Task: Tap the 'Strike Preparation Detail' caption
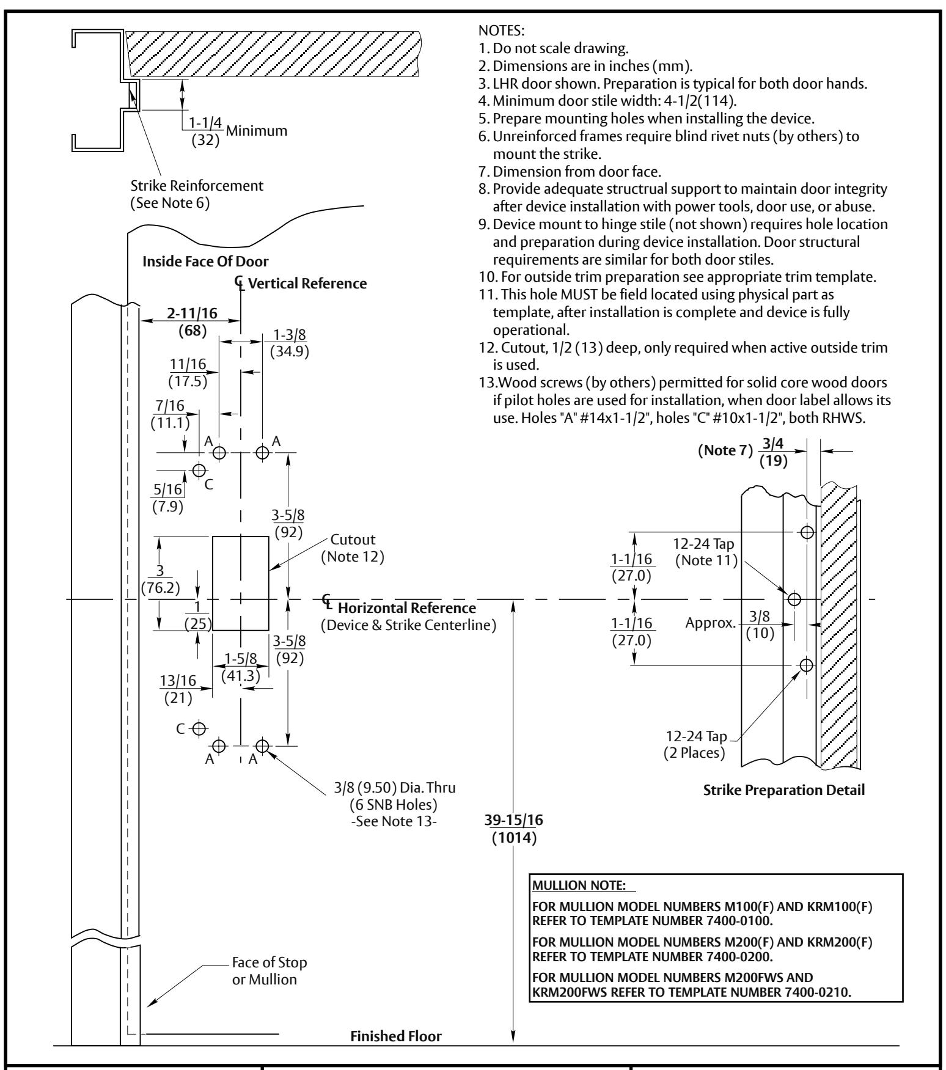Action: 785,790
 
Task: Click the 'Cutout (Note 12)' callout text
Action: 353,548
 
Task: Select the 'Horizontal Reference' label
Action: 406,608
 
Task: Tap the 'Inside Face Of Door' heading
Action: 205,262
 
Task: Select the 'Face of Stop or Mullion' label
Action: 269,970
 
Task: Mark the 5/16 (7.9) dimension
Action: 167,497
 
